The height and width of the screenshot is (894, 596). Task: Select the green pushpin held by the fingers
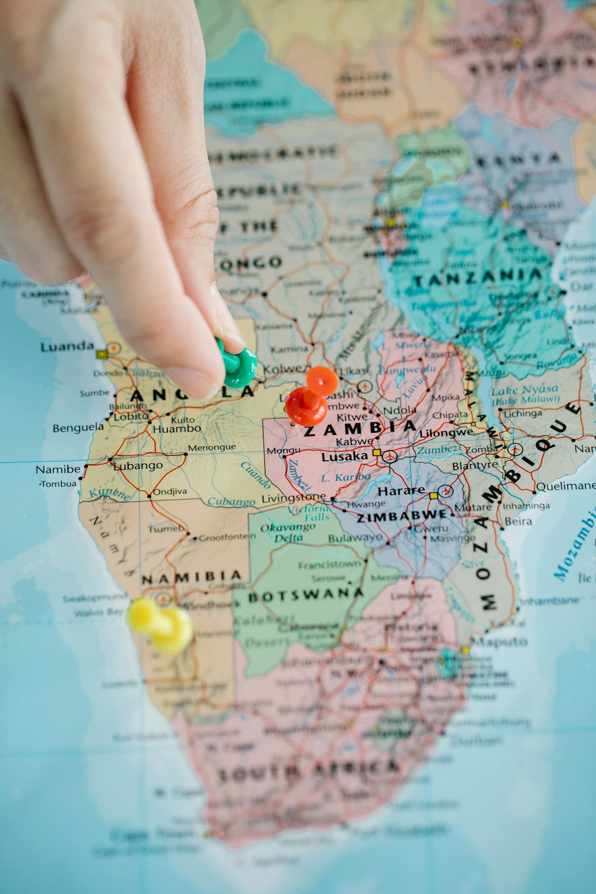(x=238, y=366)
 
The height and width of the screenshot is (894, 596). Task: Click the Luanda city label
(x=67, y=346)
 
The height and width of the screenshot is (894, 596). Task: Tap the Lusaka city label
(x=345, y=456)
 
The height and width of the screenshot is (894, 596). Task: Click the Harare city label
(x=401, y=490)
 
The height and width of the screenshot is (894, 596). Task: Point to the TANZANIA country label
(x=478, y=278)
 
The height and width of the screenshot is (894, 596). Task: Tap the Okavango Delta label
(x=288, y=533)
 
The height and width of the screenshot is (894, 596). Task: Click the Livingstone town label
(x=294, y=498)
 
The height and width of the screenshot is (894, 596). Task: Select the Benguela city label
(x=78, y=427)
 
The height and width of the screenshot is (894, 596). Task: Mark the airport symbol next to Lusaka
(x=389, y=456)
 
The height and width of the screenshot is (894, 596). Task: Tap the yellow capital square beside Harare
(x=433, y=495)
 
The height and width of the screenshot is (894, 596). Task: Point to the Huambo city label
(x=176, y=428)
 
